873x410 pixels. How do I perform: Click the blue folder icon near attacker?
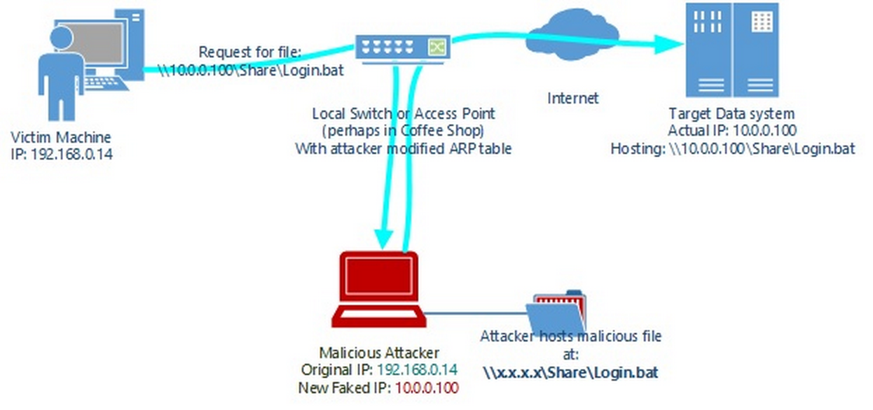[557, 315]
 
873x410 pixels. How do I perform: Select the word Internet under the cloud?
[572, 98]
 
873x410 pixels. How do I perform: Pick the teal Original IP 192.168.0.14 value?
[418, 369]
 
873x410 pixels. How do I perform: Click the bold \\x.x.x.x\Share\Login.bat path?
[570, 372]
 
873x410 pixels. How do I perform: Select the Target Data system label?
[732, 113]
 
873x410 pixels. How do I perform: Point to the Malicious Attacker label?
[379, 353]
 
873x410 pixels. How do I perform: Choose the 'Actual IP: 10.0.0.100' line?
[732, 131]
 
